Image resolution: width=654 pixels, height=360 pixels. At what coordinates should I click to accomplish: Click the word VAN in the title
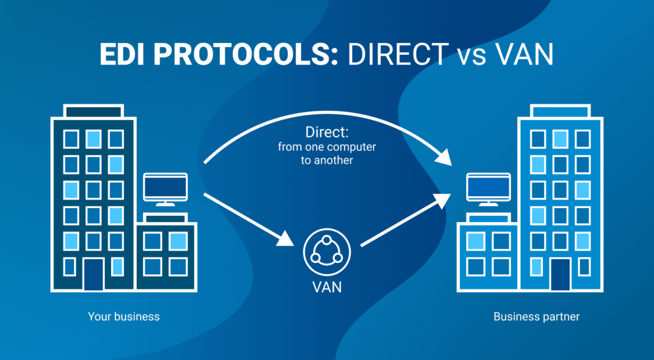click(x=526, y=55)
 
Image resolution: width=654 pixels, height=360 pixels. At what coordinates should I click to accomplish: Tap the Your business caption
click(x=124, y=316)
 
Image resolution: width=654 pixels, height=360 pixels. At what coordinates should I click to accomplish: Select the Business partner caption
click(x=536, y=316)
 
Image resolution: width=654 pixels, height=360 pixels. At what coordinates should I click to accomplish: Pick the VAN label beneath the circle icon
click(x=326, y=286)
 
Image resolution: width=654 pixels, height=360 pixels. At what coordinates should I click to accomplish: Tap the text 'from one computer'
click(x=326, y=147)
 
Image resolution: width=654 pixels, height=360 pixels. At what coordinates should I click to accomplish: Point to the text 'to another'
click(x=326, y=161)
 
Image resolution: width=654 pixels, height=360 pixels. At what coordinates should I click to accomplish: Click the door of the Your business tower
click(x=93, y=274)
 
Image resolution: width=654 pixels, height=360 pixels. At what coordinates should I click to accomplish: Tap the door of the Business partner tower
click(x=560, y=274)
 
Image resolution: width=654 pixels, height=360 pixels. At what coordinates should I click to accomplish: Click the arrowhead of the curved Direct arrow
click(x=445, y=157)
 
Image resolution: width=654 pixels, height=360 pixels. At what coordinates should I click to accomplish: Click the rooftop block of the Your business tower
click(x=93, y=112)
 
